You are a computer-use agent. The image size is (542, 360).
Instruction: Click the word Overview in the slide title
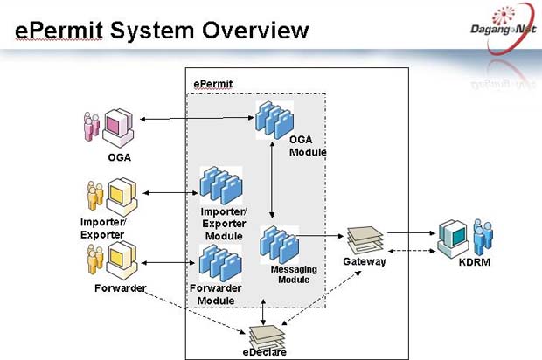click(255, 31)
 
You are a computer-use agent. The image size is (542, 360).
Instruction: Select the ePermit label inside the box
click(213, 84)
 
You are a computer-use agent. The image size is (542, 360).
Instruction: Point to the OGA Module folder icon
click(274, 121)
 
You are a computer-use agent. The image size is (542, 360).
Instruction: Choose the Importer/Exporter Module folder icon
click(221, 185)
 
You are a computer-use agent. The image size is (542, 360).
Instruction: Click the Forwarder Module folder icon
click(220, 263)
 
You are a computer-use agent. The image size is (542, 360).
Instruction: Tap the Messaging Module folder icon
click(279, 245)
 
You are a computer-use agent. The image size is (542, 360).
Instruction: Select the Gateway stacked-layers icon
click(365, 240)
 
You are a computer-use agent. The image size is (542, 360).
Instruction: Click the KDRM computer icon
click(453, 239)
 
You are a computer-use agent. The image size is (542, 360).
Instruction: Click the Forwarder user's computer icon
click(122, 261)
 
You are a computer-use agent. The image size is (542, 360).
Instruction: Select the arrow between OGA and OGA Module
click(197, 119)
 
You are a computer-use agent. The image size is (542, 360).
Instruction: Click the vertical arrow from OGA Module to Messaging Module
click(272, 180)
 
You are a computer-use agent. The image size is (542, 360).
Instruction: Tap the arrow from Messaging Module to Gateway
click(320, 236)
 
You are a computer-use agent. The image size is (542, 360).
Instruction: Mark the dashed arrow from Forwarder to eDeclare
click(195, 313)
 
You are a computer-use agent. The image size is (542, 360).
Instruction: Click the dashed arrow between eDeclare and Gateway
click(322, 298)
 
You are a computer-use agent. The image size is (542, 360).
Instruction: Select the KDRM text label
click(474, 262)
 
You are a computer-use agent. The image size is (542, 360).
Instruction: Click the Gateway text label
click(365, 261)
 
